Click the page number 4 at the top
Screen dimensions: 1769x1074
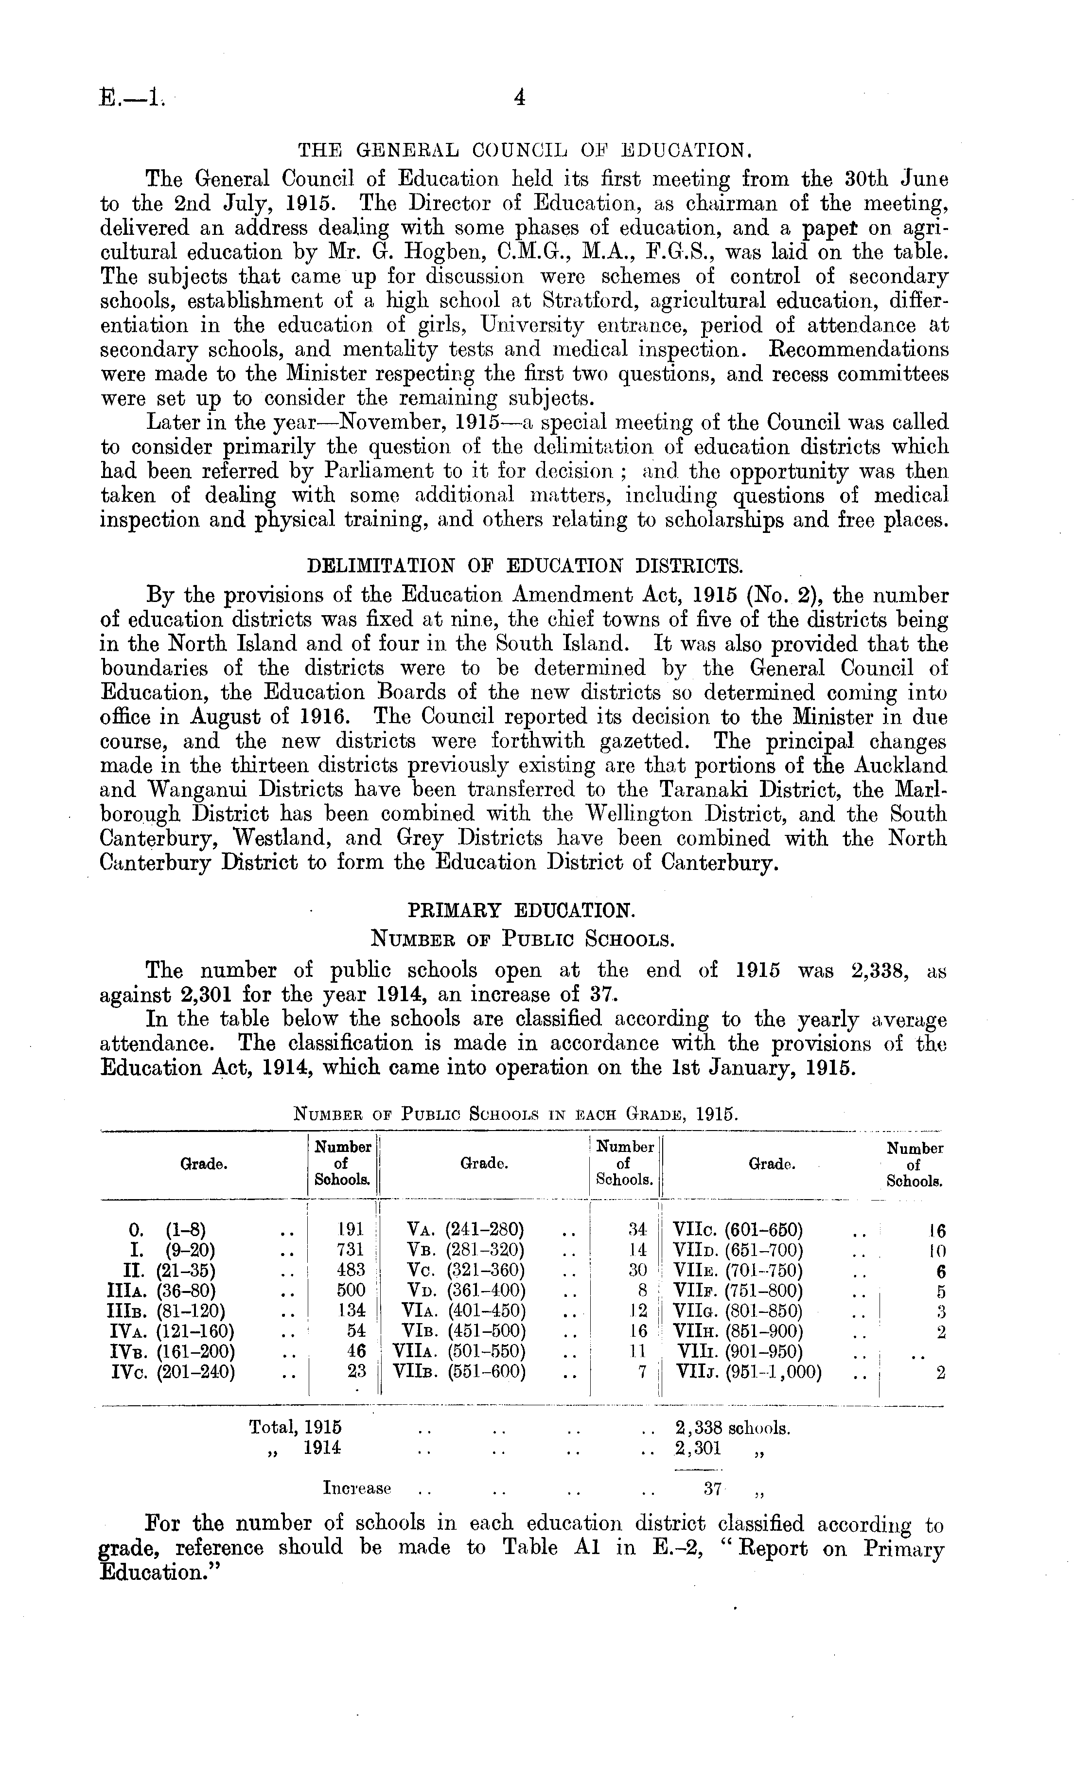coord(520,97)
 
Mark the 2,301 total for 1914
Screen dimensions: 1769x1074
coord(698,1448)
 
